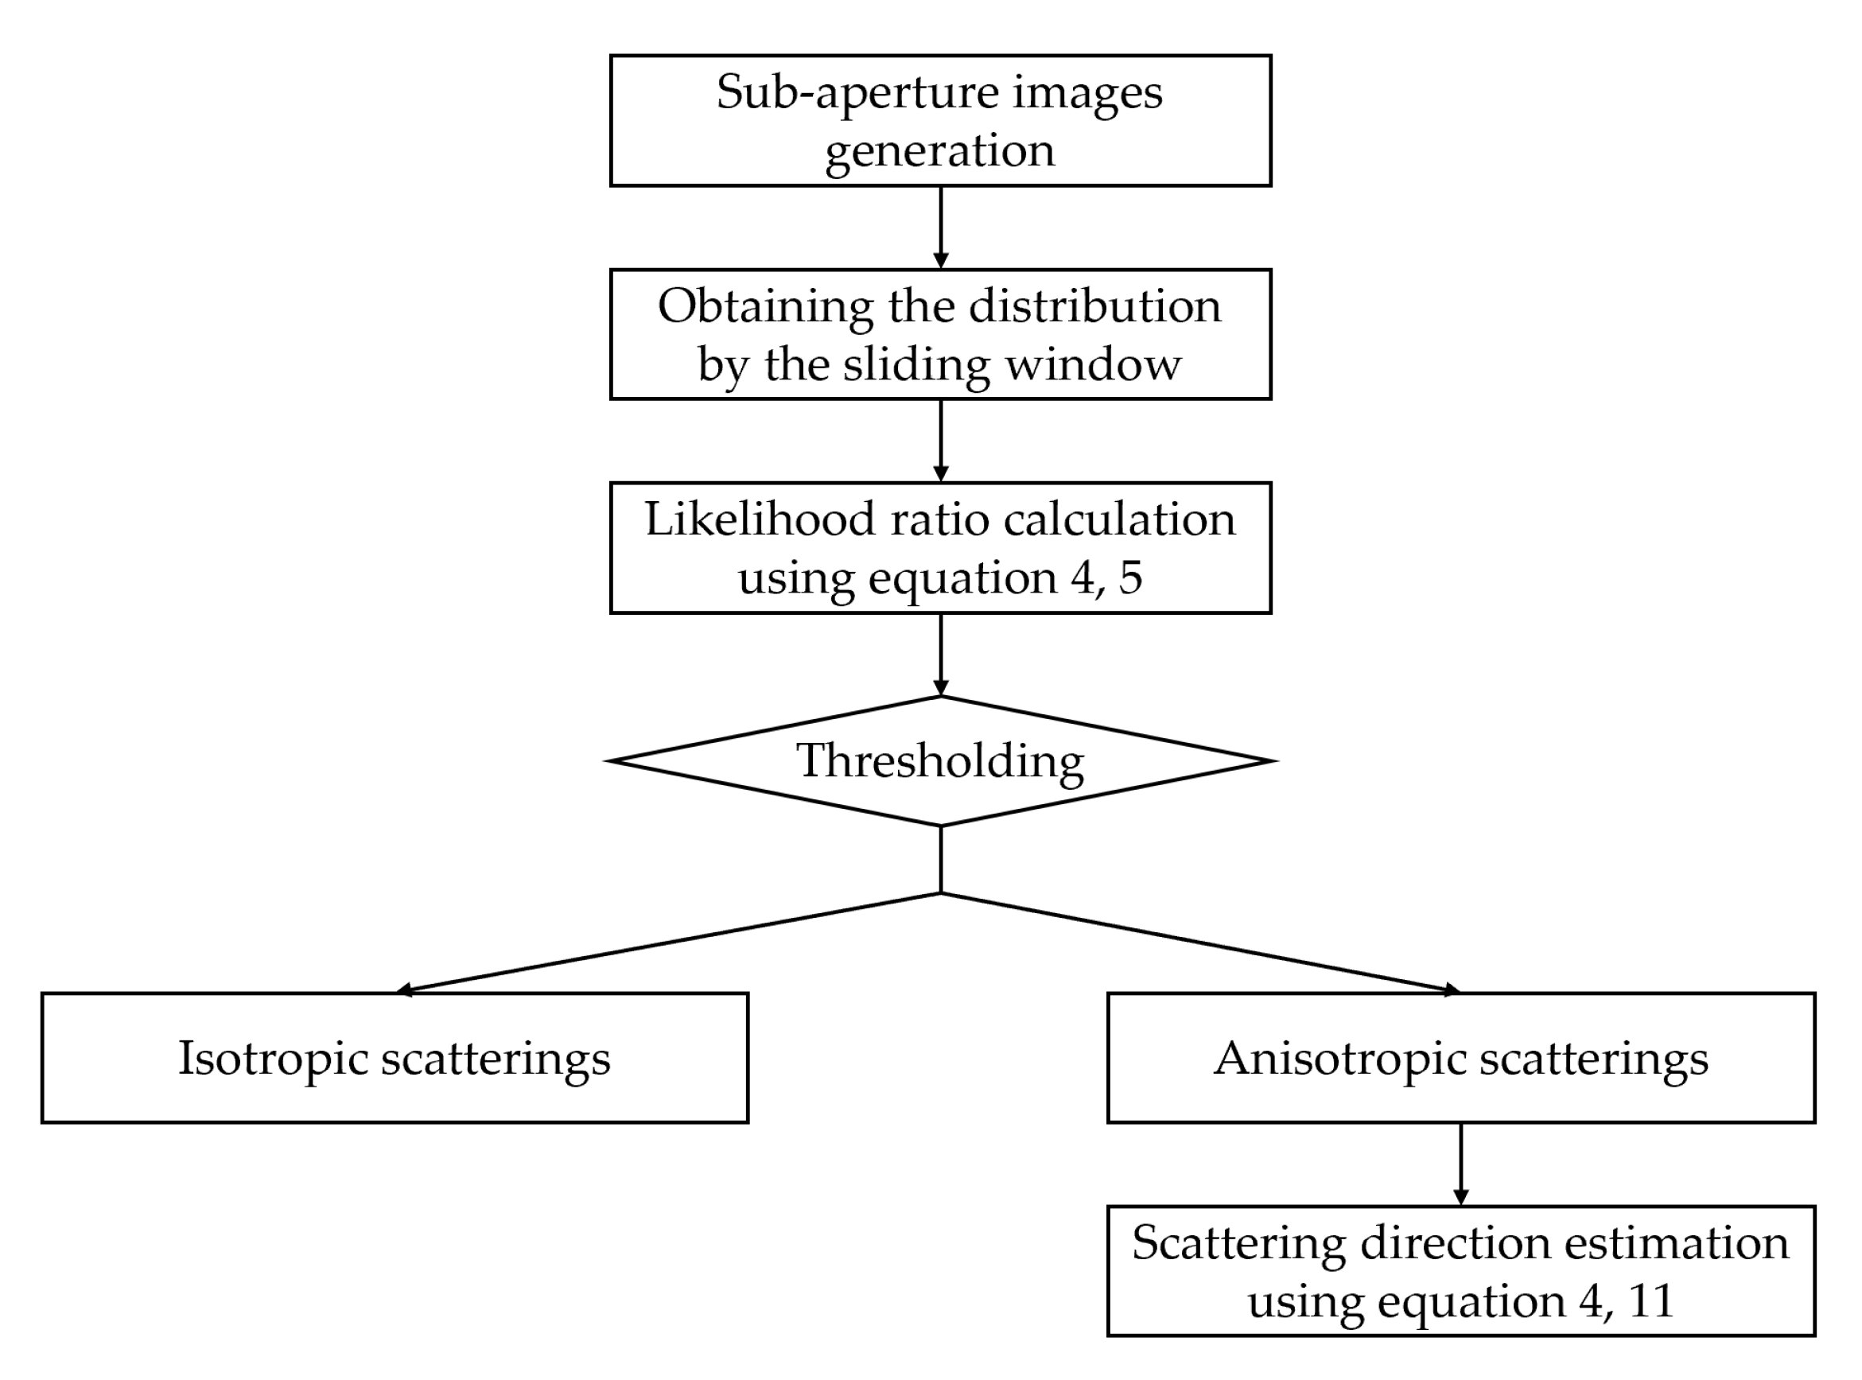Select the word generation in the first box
click(x=940, y=151)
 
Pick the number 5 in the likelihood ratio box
click(x=1130, y=577)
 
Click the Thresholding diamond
click(x=940, y=761)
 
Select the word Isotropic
click(x=274, y=1058)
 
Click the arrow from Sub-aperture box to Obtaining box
click(x=941, y=227)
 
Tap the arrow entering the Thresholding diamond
click(x=941, y=655)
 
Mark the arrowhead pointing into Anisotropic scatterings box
click(x=1452, y=991)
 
